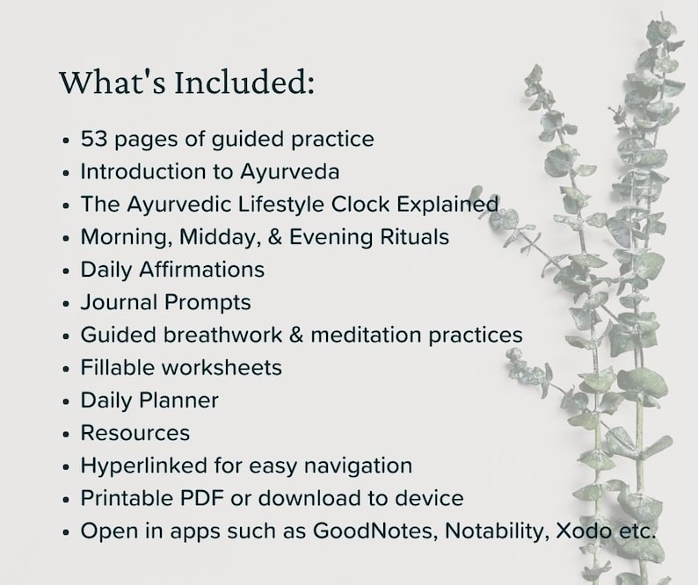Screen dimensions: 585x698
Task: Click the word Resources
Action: [x=135, y=433]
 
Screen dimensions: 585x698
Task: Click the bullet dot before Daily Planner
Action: [x=67, y=401]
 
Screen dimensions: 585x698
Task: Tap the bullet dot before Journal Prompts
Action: [x=67, y=304]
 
